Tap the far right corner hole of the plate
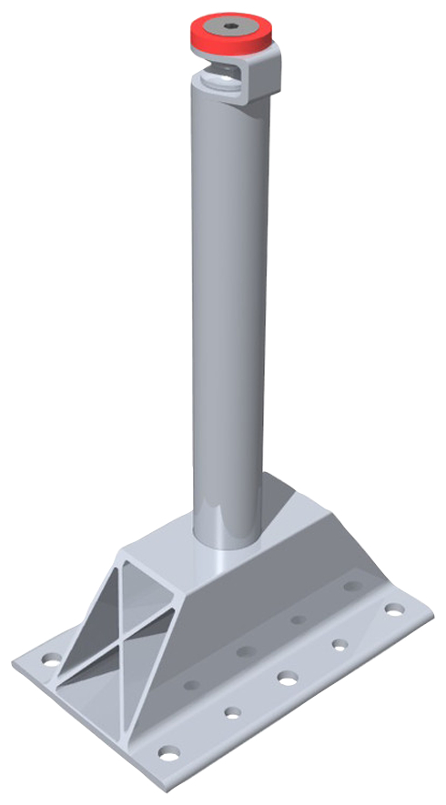coord(393,609)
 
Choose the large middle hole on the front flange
coord(288,678)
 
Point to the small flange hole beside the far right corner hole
coord(340,645)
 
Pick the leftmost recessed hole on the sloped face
coord(191,684)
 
